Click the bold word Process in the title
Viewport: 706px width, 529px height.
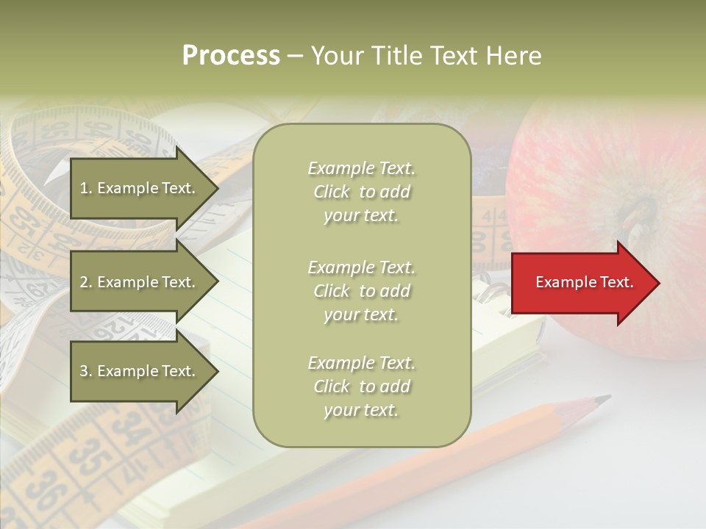pos(231,56)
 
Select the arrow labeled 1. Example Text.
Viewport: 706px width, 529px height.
pos(143,188)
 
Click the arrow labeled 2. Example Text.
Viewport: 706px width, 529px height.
pos(143,282)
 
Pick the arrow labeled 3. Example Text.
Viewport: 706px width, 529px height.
pos(143,371)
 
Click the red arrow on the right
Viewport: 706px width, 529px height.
pos(585,283)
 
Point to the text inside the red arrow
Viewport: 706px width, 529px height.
pos(585,282)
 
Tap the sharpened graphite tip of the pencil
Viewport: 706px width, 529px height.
pos(603,400)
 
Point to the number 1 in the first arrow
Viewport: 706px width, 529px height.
pos(85,188)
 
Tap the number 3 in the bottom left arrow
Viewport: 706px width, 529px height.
pos(85,371)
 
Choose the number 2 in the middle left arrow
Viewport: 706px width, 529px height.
pos(85,282)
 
